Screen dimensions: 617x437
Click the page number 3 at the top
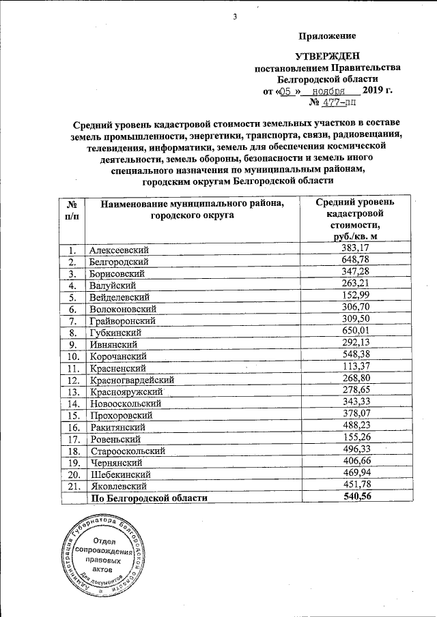234,16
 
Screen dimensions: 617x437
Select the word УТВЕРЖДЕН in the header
326,56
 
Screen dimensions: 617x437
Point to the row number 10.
70,356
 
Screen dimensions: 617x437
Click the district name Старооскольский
128,451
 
